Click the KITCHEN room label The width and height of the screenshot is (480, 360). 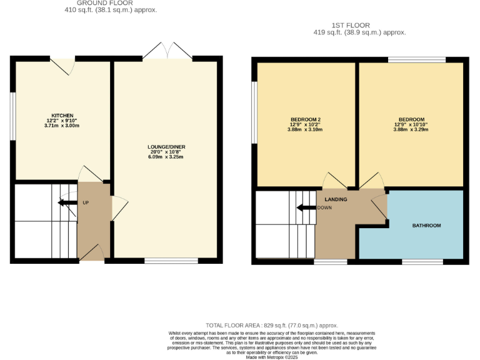coord(62,115)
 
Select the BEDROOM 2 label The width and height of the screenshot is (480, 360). coord(306,119)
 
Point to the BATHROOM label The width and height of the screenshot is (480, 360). coord(426,226)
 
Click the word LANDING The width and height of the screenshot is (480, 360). coord(336,199)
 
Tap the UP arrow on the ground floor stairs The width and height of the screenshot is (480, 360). coord(65,202)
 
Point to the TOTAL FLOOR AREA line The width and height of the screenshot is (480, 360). coord(272,325)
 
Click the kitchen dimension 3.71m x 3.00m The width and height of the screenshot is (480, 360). coord(62,126)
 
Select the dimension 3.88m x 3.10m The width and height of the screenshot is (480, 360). coord(306,130)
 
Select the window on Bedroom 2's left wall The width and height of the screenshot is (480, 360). coord(254,112)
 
